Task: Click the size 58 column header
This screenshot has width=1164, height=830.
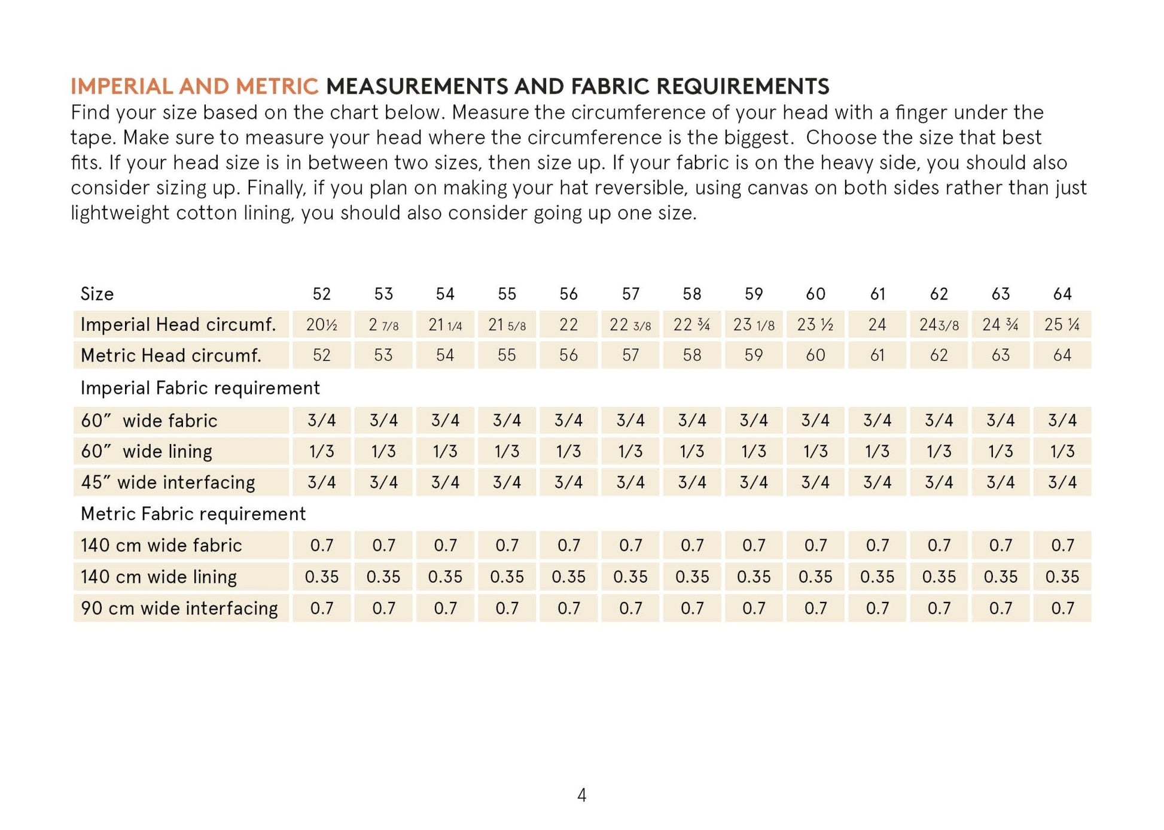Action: (691, 294)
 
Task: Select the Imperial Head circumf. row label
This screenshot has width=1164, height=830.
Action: (178, 324)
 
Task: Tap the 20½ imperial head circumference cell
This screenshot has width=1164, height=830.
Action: (321, 324)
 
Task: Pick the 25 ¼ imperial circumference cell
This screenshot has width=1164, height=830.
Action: (1062, 324)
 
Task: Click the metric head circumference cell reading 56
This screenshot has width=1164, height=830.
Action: (568, 355)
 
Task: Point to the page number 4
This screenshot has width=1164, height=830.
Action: (581, 795)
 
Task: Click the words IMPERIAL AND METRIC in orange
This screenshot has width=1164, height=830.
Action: (194, 86)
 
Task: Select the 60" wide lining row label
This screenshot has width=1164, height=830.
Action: (147, 451)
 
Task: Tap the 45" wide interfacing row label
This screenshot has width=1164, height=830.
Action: (168, 482)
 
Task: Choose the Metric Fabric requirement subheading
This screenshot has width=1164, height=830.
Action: (193, 513)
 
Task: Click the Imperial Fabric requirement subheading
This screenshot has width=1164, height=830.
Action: (200, 388)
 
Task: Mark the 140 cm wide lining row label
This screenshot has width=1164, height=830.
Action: (159, 576)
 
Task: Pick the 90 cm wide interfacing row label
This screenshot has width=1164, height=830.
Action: (179, 608)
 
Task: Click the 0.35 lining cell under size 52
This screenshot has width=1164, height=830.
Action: (321, 576)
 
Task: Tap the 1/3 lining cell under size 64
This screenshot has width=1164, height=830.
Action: (1062, 451)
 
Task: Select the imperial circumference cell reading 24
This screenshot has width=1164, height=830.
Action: (877, 324)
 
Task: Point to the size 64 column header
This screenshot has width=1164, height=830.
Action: (1062, 294)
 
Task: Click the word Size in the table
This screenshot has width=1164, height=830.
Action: (97, 294)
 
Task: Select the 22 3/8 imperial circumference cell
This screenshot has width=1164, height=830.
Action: (630, 324)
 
